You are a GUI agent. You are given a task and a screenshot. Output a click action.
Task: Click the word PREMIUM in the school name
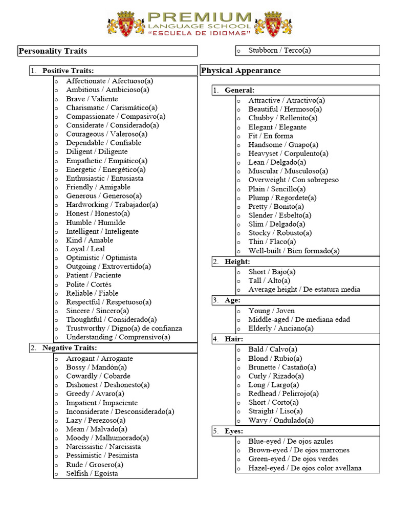pos(199,17)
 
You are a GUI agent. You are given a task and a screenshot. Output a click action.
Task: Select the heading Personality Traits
pos(53,51)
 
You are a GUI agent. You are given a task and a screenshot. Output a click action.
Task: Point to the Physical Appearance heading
pos(241,71)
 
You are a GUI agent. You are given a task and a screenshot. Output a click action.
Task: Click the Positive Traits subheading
pos(68,71)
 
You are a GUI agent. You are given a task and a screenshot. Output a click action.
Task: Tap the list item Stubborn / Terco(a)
pos(279,50)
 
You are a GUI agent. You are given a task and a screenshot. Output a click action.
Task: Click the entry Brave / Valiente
pos(92,99)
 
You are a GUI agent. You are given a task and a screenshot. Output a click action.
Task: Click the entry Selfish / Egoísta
pos(92,473)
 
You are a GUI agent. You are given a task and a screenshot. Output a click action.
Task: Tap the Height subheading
pos(237,261)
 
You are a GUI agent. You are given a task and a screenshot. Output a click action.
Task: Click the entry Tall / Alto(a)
pos(269,280)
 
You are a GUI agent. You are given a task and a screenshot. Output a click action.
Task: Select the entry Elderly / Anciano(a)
pos(281,328)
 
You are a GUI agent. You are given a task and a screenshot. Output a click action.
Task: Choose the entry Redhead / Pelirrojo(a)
pos(283,394)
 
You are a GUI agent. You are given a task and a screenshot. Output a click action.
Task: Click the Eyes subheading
pos(234,431)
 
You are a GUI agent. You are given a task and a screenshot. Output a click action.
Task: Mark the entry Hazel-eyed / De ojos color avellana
pos(304,468)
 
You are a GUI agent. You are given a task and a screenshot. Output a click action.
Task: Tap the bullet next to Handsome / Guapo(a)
pos(238,145)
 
